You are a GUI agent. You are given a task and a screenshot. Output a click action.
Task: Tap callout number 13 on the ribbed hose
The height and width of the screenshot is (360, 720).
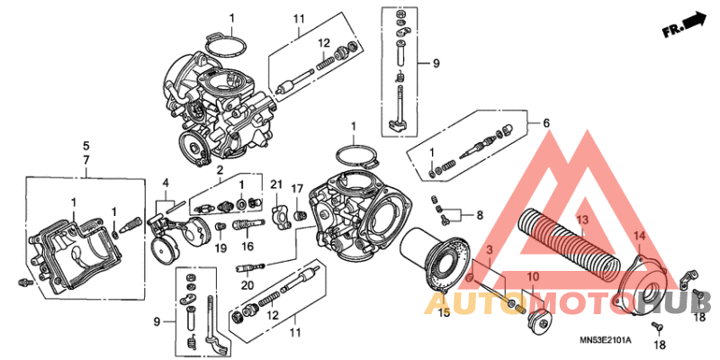(581, 220)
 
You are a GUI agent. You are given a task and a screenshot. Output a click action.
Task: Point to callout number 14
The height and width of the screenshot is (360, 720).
(640, 237)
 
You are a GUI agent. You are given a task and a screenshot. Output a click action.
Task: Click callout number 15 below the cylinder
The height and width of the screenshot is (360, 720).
(443, 313)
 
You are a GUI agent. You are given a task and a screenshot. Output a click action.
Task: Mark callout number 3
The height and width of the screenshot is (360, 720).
(489, 248)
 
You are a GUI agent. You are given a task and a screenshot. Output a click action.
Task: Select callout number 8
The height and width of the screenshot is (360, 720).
(480, 215)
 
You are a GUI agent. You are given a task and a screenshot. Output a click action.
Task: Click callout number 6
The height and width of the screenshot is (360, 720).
(544, 122)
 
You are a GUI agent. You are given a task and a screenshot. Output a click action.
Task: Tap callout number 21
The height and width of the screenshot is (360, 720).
(276, 185)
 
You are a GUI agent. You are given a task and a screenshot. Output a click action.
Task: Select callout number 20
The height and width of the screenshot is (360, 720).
(246, 283)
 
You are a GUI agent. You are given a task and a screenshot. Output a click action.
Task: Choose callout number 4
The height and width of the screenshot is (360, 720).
(165, 183)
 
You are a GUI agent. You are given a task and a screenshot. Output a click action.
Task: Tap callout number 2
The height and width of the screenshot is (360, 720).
(219, 169)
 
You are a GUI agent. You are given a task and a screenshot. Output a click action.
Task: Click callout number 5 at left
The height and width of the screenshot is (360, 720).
(86, 145)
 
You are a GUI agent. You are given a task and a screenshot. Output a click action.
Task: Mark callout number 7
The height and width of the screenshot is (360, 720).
(86, 159)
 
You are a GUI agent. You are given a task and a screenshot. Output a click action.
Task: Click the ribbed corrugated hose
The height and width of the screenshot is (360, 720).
(567, 238)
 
